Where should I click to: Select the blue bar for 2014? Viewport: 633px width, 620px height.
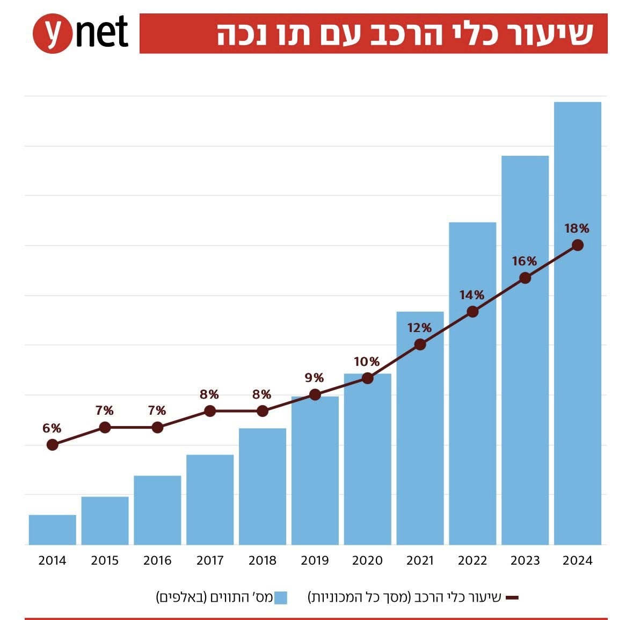52,530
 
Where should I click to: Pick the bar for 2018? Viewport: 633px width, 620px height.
262,486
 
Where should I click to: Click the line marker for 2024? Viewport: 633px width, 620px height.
578,245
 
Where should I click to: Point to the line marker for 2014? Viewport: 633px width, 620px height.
52,445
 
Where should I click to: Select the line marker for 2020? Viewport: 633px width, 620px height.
367,378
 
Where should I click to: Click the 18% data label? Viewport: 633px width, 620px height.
577,228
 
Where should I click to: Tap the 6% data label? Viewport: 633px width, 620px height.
52,428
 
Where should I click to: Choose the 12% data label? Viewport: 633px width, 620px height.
419,328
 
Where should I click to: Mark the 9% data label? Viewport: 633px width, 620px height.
314,378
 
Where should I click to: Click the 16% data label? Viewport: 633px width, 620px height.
524,261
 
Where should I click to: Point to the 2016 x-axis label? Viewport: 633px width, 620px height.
157,561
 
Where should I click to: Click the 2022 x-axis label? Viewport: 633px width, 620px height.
472,561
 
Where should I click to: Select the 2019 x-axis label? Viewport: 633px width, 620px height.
315,561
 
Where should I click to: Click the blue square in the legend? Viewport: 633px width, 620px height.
280,597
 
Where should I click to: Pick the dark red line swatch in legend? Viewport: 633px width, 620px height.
512,597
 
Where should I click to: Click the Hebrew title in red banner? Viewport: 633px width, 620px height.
405,34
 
